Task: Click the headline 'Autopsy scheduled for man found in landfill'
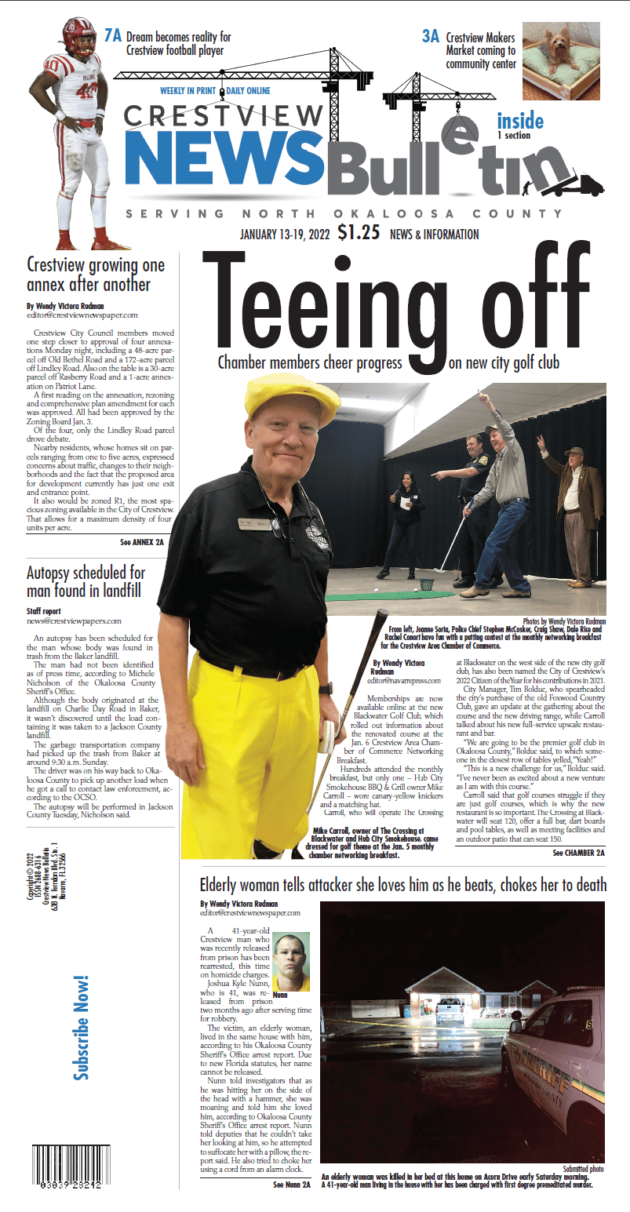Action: [x=86, y=581]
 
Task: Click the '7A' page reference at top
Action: [x=113, y=35]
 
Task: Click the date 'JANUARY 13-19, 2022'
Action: [x=286, y=234]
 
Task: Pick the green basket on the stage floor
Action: [x=425, y=585]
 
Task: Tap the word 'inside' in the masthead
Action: [x=519, y=121]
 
